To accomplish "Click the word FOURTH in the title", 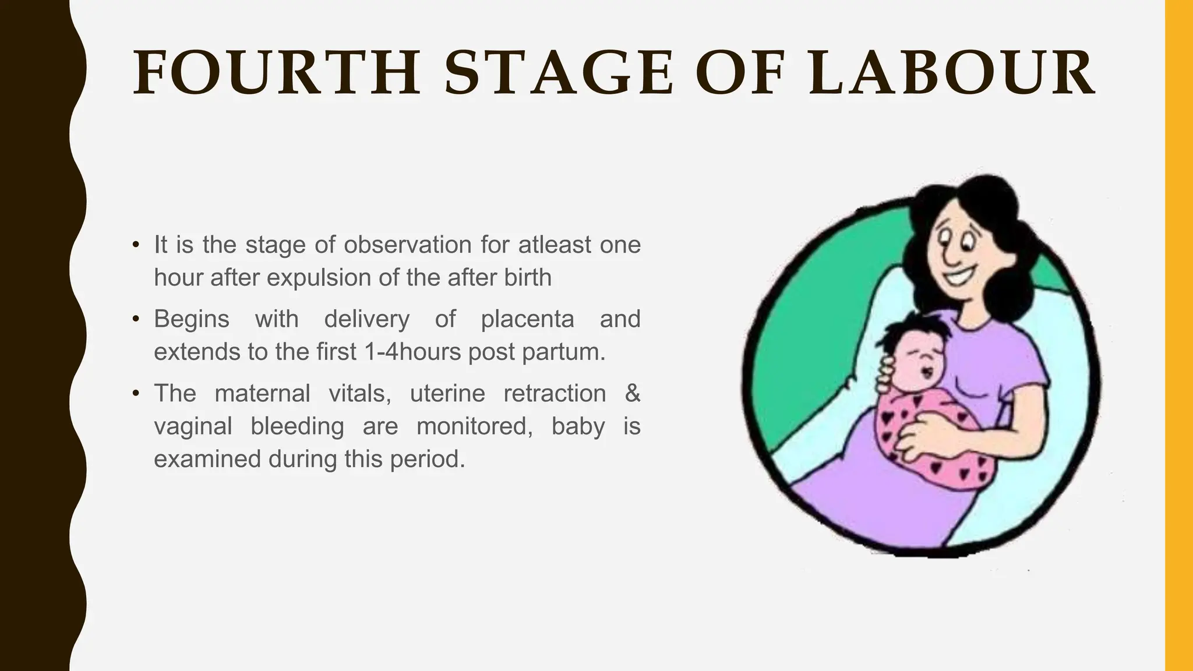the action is pos(277,73).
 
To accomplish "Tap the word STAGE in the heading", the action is pos(559,73).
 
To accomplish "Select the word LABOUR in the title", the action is pos(952,73).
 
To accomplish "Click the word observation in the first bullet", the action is pos(407,245).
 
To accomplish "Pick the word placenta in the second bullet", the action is pos(527,320).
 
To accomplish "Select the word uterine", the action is pos(447,394).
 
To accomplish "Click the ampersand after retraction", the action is pos(633,394).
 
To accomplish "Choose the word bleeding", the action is pos(297,427).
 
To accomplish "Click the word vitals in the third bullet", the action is pos(359,394).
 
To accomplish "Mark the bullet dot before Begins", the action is pos(136,319).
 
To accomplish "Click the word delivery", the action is pos(367,320).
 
